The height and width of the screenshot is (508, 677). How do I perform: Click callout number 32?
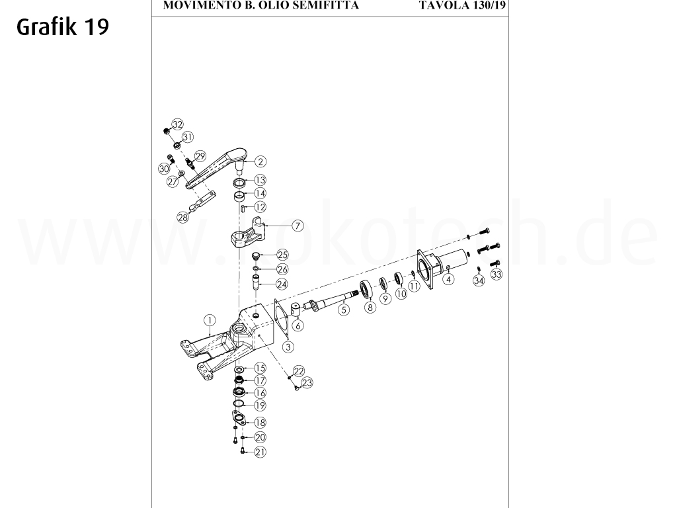[x=177, y=124]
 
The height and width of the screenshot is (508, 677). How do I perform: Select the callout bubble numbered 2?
[x=260, y=161]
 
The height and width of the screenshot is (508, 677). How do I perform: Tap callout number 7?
[x=298, y=226]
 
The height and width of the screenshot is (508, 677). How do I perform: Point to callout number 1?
[x=209, y=321]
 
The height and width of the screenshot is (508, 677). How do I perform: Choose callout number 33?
[x=497, y=274]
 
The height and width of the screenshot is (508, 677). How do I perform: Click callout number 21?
[x=260, y=452]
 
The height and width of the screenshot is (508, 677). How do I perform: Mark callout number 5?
[x=343, y=308]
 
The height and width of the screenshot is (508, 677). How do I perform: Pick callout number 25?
[x=282, y=255]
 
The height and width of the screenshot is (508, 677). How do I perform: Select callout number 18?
[x=260, y=423]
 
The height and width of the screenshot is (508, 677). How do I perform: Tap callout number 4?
[x=448, y=279]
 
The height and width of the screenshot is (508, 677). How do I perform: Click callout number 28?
[x=183, y=216]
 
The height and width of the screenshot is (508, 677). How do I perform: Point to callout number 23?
[x=306, y=382]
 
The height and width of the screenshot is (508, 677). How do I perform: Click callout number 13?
[x=260, y=180]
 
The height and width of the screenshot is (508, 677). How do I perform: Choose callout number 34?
[x=479, y=280]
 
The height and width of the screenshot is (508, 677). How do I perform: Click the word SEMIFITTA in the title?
[x=328, y=6]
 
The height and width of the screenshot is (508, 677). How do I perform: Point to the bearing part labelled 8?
[x=366, y=290]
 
